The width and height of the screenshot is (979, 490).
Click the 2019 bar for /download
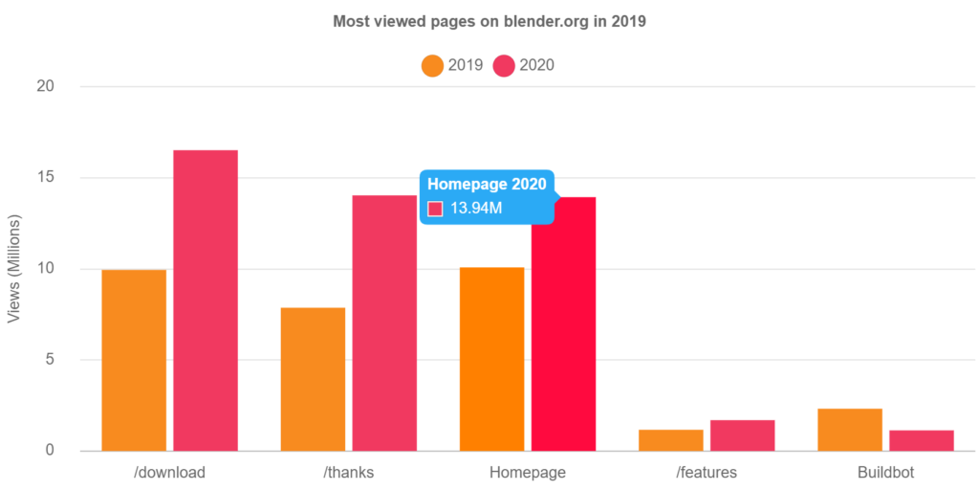point(134,360)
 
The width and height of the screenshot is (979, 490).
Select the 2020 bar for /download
point(206,300)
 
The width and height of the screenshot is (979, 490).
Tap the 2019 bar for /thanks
point(313,379)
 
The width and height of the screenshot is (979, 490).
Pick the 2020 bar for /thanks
point(384,323)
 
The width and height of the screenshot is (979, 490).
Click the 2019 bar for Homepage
point(491,359)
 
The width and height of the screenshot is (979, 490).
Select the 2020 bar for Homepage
point(563,323)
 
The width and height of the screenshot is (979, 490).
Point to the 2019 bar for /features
point(670,439)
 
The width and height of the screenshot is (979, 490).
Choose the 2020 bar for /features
point(743,434)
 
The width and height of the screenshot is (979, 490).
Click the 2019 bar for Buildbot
point(850,429)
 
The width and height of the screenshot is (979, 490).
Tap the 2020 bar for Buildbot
point(922,440)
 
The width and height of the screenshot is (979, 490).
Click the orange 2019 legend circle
point(432,66)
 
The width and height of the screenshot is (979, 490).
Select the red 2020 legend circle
point(504,66)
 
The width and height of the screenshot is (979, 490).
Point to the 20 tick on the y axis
point(45,86)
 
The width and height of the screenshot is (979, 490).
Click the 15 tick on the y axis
point(45,177)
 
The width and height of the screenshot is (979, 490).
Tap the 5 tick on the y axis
point(49,359)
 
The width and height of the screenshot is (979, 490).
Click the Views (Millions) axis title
point(14,268)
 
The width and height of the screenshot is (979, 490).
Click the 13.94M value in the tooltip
point(476,208)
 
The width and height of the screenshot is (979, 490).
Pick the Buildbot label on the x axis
point(886,473)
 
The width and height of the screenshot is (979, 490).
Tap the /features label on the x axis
point(707,473)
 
